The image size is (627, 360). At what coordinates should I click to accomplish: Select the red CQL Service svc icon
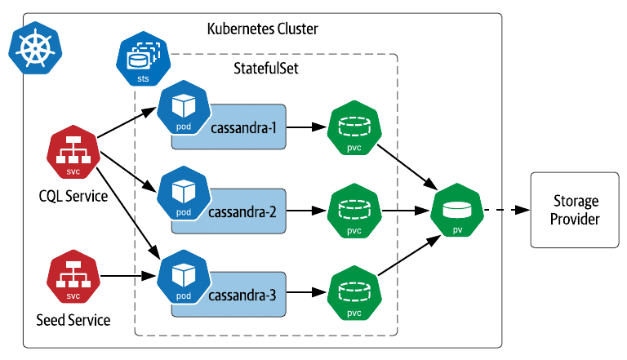(73, 153)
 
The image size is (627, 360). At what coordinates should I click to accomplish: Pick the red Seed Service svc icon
(73, 279)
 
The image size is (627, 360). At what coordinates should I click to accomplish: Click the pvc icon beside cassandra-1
(354, 128)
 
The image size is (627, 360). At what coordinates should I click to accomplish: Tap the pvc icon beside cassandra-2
(354, 211)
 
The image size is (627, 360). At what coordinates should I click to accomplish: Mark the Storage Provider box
(575, 210)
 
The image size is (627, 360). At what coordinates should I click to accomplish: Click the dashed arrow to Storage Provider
(506, 211)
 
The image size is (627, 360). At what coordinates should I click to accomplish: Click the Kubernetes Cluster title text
(262, 30)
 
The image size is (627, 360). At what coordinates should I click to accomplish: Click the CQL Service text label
(73, 196)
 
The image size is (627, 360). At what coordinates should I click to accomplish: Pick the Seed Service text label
(73, 320)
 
